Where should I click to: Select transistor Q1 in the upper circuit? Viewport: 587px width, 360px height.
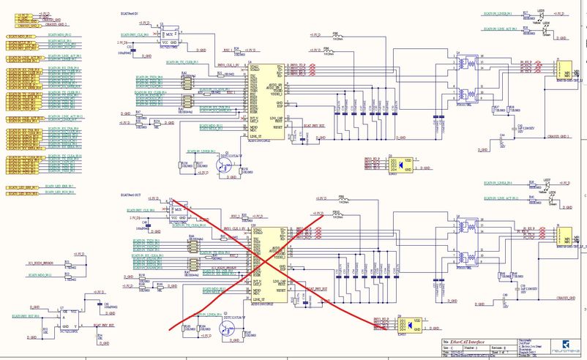(229, 165)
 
